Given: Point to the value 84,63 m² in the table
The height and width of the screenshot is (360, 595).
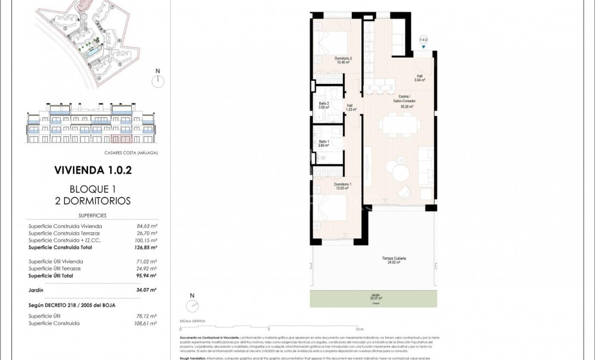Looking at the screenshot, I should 146,226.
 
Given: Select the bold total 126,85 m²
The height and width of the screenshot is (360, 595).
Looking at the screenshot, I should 146,247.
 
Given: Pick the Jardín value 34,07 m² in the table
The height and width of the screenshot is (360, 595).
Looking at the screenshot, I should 146,290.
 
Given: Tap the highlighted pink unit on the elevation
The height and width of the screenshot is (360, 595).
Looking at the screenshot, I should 122,140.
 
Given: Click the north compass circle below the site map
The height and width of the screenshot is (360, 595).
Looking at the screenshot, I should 158,82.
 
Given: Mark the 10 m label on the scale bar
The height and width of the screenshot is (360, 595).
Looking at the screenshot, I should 359,329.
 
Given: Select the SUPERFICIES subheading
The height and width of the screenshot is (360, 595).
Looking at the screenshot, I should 92,216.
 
